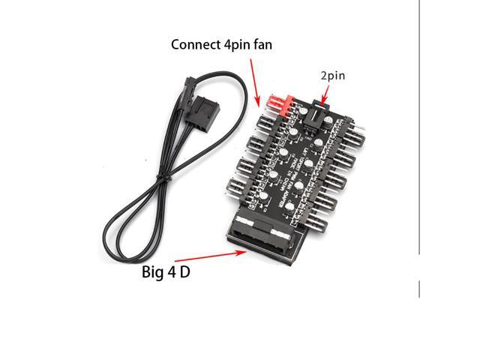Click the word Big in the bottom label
[154, 271]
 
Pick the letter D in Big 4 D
[184, 271]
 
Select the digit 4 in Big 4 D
[171, 271]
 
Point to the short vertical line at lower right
[418, 289]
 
